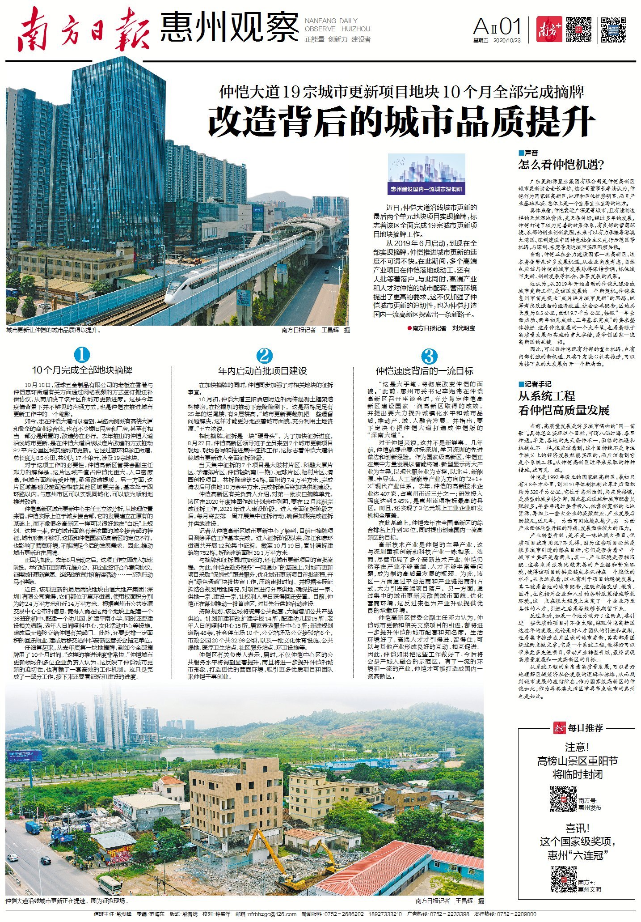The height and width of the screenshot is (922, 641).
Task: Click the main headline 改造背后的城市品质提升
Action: [401, 121]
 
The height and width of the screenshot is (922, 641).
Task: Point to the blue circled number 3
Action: [429, 356]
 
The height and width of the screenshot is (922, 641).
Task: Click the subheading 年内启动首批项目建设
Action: [262, 371]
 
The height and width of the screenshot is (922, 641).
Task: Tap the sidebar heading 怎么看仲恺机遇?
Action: [561, 165]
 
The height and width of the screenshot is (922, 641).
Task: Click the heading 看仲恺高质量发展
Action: [564, 410]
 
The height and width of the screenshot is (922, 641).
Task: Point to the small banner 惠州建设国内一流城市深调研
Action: [426, 189]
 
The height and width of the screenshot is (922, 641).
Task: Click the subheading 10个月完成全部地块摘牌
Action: [82, 370]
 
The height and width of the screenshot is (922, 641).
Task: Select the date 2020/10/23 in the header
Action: [507, 40]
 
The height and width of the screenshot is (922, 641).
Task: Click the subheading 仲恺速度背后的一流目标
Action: [424, 371]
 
